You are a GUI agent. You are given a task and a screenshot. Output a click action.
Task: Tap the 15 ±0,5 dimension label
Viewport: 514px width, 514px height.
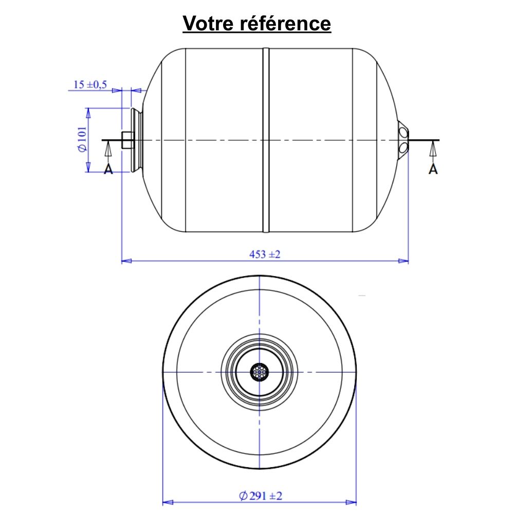coord(90,85)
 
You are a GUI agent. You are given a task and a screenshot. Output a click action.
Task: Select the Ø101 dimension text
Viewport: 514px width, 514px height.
coord(81,140)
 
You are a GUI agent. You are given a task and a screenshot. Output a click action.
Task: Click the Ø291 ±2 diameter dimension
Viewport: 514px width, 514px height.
coord(261,496)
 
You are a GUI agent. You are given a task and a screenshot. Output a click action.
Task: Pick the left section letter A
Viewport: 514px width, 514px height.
coord(108,169)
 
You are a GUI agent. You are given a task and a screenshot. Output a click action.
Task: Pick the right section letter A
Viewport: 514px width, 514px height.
coord(433,169)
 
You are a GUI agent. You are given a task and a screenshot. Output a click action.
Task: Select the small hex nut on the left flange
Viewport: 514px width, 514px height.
coord(126,140)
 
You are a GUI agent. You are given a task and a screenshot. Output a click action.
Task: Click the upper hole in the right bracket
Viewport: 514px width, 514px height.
coord(403,133)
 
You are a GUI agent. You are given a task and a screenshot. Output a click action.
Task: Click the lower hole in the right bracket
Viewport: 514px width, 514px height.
coord(403,148)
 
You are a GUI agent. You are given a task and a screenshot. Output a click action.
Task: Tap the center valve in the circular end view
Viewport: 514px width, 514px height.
coord(260,372)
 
